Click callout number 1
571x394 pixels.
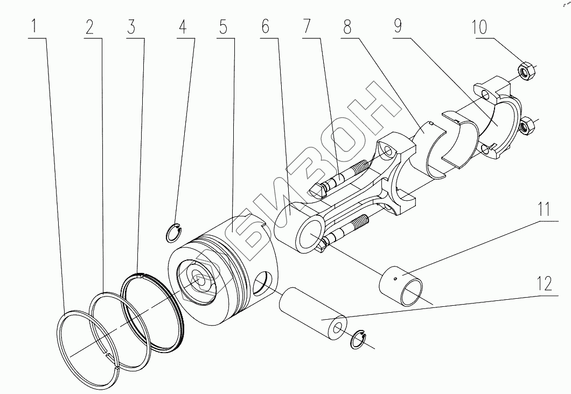[35, 26]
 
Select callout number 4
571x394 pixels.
[183, 26]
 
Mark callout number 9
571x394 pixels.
[398, 26]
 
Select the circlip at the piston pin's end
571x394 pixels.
[358, 340]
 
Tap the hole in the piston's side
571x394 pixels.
[262, 283]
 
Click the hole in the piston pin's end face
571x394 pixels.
[337, 329]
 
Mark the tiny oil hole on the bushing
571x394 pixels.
[395, 278]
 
